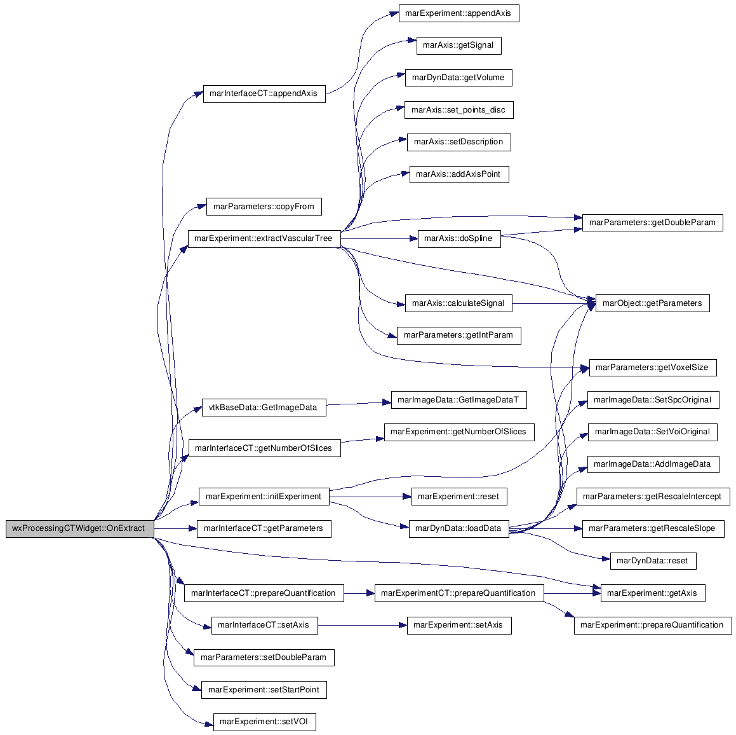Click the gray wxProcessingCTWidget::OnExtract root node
(80, 528)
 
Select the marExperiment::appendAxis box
(458, 13)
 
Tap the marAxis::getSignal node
(458, 45)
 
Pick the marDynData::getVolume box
(458, 78)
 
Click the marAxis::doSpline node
(459, 238)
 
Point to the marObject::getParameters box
(652, 303)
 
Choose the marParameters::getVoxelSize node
(653, 367)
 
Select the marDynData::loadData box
(458, 529)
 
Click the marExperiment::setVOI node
(264, 722)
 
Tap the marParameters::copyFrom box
(264, 207)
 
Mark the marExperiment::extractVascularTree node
(264, 238)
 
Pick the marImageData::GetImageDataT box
(458, 400)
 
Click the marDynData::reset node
(653, 561)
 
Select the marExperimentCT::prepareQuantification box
(459, 593)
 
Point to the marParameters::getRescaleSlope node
(653, 529)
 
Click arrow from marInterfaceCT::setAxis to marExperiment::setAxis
(363, 626)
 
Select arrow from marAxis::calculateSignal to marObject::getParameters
(554, 303)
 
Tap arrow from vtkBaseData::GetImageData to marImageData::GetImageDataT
(359, 403)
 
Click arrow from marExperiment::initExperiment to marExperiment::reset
(370, 497)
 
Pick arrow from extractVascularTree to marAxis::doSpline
(379, 238)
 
